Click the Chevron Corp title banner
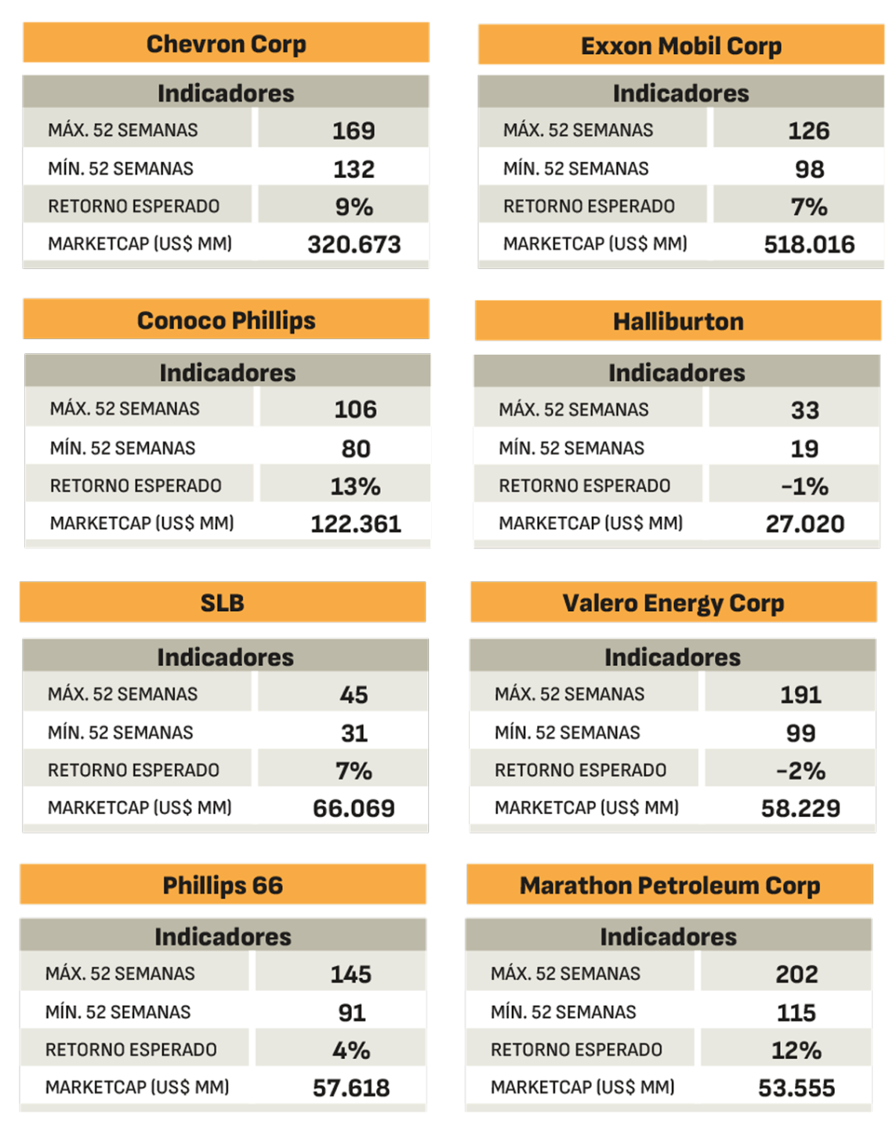click(x=226, y=44)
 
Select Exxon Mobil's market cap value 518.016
click(x=809, y=244)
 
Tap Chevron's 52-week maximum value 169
click(x=354, y=130)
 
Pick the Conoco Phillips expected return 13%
click(x=355, y=486)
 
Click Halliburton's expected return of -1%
click(x=804, y=486)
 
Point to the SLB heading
click(x=223, y=603)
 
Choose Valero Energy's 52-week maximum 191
click(x=800, y=695)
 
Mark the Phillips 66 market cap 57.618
click(x=351, y=1088)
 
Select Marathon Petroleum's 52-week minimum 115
click(x=796, y=1013)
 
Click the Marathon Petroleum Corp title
click(x=669, y=885)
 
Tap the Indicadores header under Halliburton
click(x=677, y=373)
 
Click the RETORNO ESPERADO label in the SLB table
click(x=133, y=771)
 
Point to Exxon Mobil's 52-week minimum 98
click(x=809, y=169)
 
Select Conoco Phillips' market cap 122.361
click(x=356, y=524)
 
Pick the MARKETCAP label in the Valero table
click(x=586, y=808)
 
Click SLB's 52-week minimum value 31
click(x=354, y=733)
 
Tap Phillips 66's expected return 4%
click(x=351, y=1050)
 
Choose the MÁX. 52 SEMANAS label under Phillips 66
click(x=120, y=974)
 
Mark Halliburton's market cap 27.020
click(x=805, y=524)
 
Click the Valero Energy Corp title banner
click(x=673, y=603)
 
